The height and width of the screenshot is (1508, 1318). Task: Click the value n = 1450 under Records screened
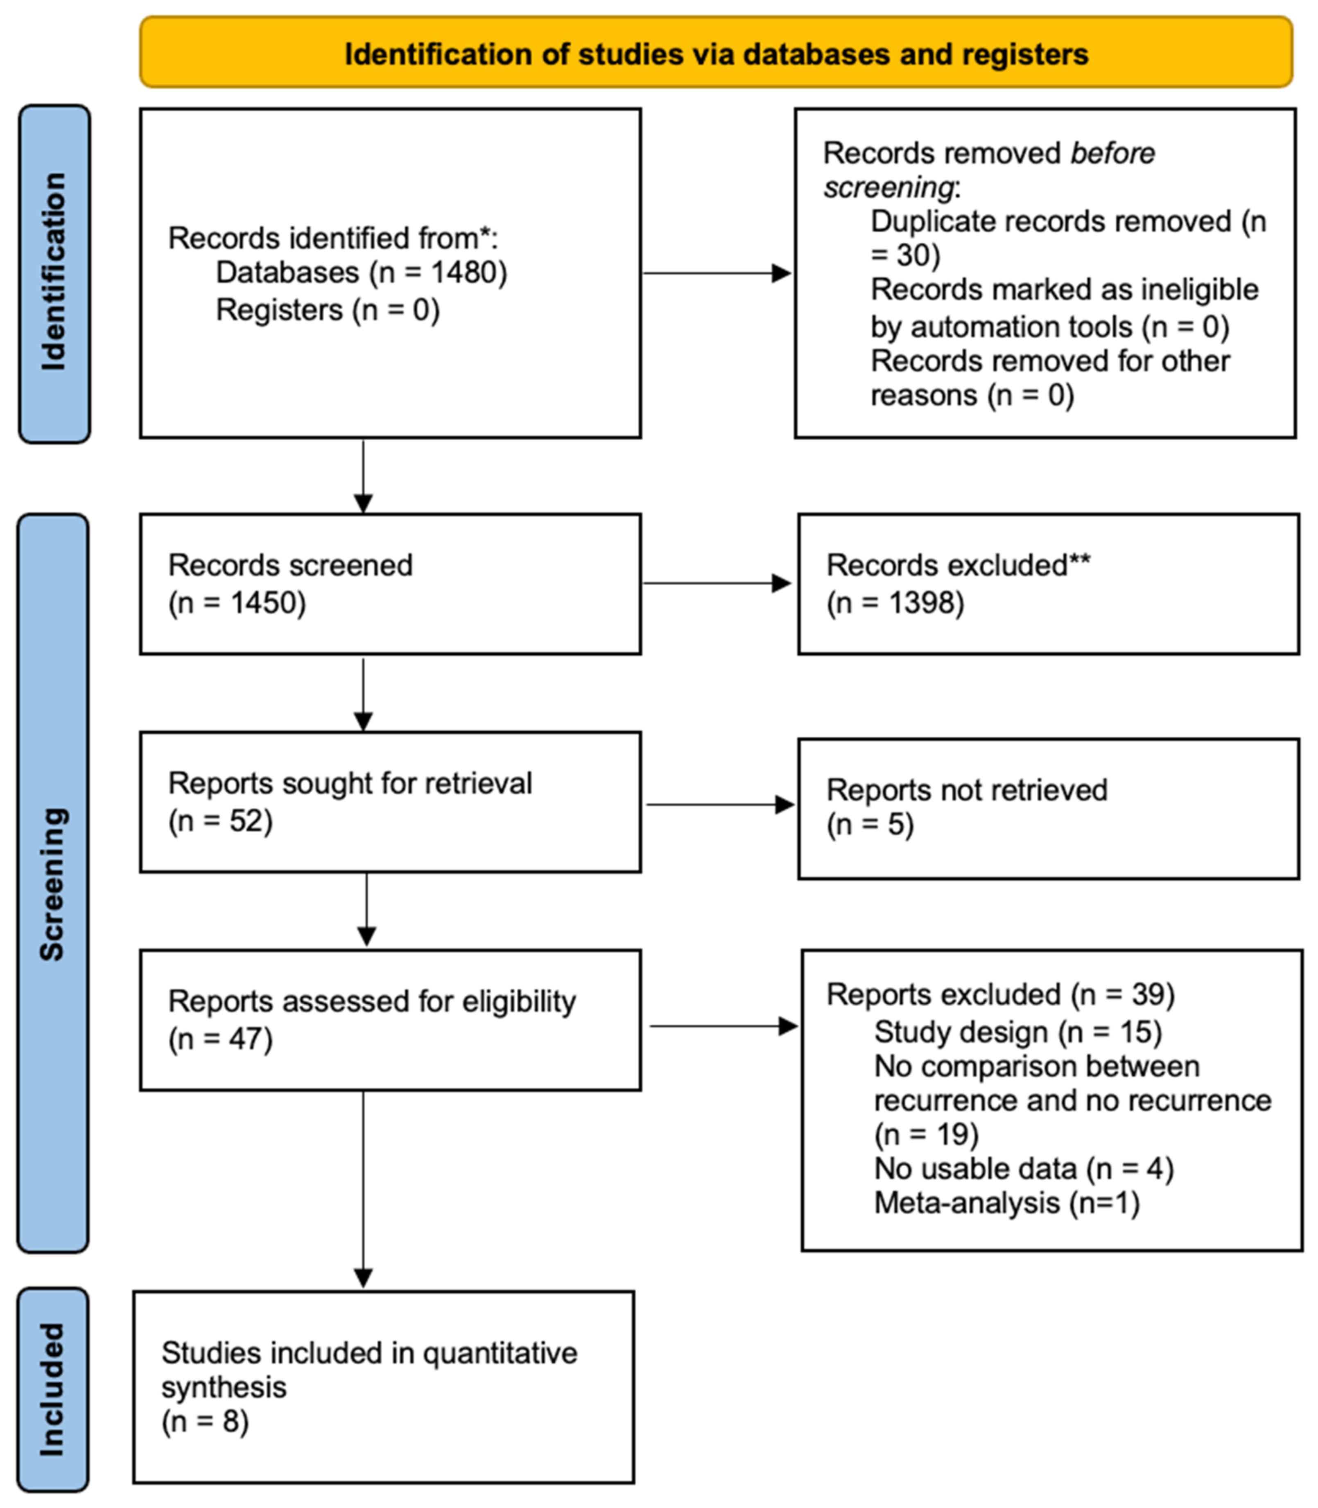[x=237, y=603]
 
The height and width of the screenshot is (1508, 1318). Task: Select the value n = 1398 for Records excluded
[x=895, y=603]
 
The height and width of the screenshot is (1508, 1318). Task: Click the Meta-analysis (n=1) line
[x=1006, y=1203]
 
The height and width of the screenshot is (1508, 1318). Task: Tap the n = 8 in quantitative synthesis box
[x=205, y=1421]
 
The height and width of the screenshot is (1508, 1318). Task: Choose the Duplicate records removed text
[x=1050, y=221]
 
